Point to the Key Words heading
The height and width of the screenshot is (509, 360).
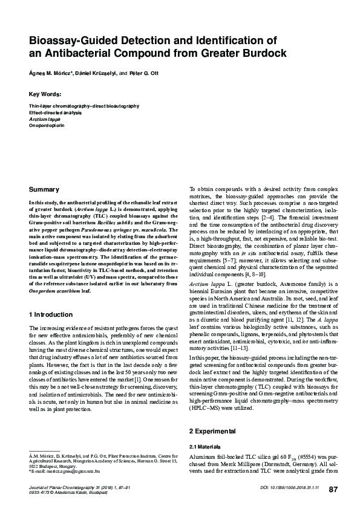click(45, 94)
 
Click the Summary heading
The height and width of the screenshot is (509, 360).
click(45, 190)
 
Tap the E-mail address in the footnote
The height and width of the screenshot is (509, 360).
click(65, 470)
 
